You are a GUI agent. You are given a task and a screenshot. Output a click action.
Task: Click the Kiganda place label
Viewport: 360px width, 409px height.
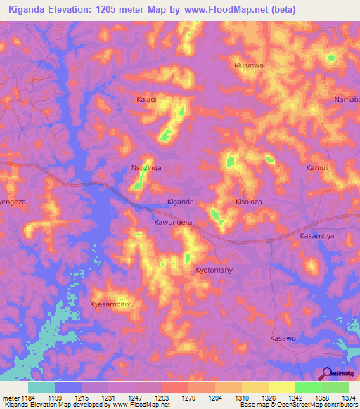(x=180, y=202)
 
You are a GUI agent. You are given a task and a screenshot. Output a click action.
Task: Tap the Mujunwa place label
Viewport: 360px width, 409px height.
(x=248, y=65)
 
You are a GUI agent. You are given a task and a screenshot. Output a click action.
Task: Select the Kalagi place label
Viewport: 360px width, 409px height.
(x=147, y=100)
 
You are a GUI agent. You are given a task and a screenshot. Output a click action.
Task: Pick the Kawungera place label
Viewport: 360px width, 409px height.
(x=173, y=222)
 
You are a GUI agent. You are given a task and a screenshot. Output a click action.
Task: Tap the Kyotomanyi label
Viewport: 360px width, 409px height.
(x=214, y=270)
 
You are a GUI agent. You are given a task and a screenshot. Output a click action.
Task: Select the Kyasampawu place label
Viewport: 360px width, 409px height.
(x=112, y=304)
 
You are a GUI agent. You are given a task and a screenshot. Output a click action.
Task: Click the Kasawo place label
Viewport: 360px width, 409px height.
(x=283, y=338)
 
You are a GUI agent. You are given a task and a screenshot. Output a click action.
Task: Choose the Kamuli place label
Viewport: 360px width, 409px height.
(x=318, y=168)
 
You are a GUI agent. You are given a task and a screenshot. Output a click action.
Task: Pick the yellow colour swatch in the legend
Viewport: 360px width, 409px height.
(x=282, y=387)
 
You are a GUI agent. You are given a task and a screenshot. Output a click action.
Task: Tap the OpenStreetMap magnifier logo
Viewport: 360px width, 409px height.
(x=326, y=373)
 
